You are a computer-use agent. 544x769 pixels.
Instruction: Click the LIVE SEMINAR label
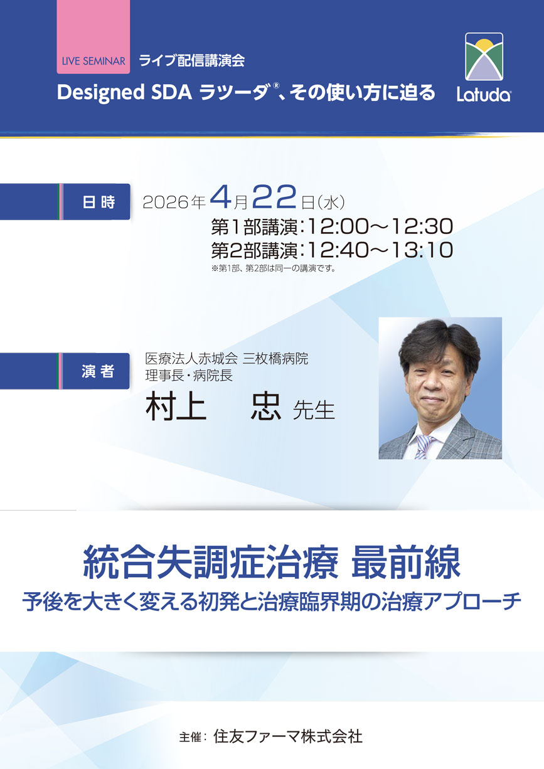tap(94, 61)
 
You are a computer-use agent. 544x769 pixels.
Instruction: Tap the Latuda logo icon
tap(484, 58)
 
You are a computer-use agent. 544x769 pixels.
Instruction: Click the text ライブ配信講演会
tap(191, 61)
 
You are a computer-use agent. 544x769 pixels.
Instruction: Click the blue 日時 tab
tap(98, 202)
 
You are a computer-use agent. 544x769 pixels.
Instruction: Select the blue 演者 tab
tap(98, 371)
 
